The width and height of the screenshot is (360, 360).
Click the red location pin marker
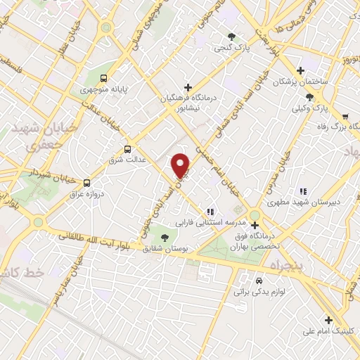[x=181, y=165]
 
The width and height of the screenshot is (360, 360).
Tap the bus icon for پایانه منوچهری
[x=104, y=79]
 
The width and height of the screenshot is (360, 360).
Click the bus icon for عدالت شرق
[x=127, y=148]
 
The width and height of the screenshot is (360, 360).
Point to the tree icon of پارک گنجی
[x=231, y=37]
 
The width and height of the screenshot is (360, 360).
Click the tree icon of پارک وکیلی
[x=310, y=98]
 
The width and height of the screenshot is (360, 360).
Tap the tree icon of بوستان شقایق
[x=165, y=238]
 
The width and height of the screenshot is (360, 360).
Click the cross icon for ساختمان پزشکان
[x=301, y=70]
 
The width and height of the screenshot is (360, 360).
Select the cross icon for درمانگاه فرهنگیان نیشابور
[x=187, y=86]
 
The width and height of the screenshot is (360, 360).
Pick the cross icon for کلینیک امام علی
[x=328, y=319]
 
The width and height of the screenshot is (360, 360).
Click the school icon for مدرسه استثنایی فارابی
[x=210, y=211]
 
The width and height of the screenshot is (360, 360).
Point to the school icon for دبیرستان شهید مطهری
[x=303, y=191]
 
